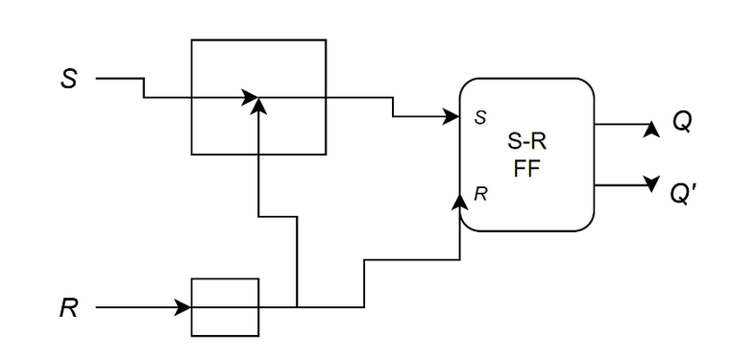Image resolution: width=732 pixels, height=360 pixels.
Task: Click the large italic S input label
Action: [x=68, y=79]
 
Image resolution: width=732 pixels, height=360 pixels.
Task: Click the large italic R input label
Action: [x=68, y=308]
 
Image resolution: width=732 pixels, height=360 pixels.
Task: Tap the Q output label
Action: [x=682, y=123]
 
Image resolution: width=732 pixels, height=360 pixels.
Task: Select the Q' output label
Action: [x=683, y=194]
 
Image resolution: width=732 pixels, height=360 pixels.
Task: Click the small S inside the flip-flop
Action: [x=480, y=118]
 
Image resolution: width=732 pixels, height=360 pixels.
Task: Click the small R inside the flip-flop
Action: [x=480, y=194]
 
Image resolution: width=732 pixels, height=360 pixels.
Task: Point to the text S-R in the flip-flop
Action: [x=526, y=141]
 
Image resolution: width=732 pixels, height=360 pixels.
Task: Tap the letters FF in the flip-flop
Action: [x=526, y=169]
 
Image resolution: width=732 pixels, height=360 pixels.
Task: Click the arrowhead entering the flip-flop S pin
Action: [x=451, y=116]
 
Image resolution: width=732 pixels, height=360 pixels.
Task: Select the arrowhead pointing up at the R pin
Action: [x=460, y=202]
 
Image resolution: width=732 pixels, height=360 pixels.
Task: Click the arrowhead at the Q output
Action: [x=651, y=130]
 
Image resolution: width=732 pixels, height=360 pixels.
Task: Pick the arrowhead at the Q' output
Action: [x=651, y=182]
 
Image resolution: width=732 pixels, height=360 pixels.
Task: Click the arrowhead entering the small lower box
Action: [x=183, y=307]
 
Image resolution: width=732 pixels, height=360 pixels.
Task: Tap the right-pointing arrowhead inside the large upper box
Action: [x=250, y=98]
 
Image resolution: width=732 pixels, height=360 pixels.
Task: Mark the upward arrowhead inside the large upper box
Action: [x=258, y=106]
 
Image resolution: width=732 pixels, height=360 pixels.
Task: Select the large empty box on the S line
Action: [x=258, y=40]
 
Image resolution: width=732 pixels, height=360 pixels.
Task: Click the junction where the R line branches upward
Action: [x=297, y=307]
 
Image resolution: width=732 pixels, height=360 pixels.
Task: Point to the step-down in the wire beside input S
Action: [x=144, y=88]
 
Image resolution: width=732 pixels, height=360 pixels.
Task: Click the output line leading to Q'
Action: [x=623, y=185]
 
